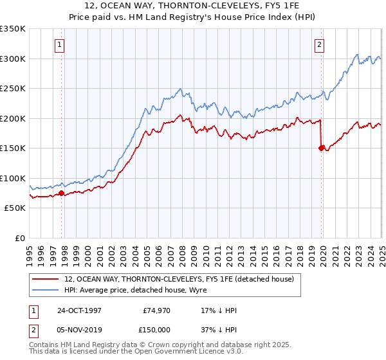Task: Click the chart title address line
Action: click(x=192, y=7)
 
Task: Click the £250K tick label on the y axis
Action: click(x=12, y=88)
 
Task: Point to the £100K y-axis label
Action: click(x=12, y=178)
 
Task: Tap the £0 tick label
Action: click(x=20, y=238)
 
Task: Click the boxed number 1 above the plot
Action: click(x=59, y=44)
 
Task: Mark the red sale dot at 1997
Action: click(x=62, y=193)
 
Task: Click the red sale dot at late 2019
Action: click(x=321, y=148)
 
